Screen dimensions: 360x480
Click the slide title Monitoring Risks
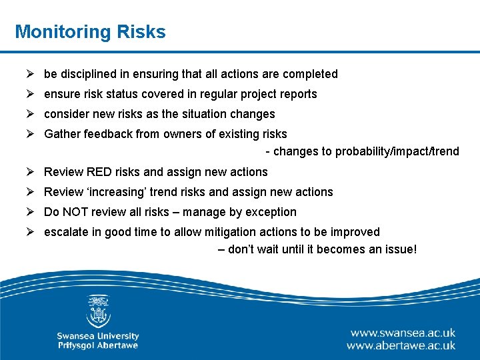coord(90,31)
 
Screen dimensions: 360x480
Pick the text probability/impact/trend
coord(397,151)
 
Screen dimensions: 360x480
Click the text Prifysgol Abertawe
coord(98,345)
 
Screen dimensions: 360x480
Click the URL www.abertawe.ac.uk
coord(401,345)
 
